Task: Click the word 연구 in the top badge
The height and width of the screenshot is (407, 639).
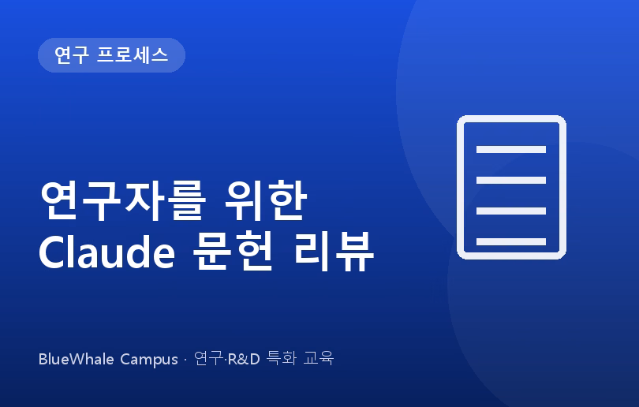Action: [71, 55]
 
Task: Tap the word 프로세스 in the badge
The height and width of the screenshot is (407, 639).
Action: [133, 55]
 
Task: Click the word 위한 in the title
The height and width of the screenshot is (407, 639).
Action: [266, 201]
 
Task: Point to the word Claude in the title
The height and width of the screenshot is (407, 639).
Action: [106, 252]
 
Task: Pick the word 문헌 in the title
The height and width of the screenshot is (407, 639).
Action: [232, 252]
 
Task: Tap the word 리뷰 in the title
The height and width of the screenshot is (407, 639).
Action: [334, 252]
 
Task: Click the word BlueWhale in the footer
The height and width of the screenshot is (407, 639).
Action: [77, 359]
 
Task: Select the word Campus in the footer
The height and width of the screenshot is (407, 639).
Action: [149, 360]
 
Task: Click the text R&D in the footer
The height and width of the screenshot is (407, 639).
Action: [244, 359]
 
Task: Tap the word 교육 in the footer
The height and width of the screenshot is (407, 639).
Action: [318, 359]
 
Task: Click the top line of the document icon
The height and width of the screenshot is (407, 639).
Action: [511, 150]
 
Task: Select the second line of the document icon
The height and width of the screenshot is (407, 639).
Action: [511, 181]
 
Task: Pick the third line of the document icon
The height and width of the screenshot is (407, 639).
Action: [511, 211]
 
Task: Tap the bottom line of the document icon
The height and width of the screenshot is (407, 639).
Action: [511, 241]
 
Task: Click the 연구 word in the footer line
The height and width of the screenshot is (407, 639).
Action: [208, 359]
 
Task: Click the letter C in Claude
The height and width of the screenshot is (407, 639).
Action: [53, 252]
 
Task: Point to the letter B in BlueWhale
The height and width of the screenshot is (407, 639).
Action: [43, 359]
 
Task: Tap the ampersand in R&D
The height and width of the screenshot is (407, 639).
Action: [243, 359]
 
